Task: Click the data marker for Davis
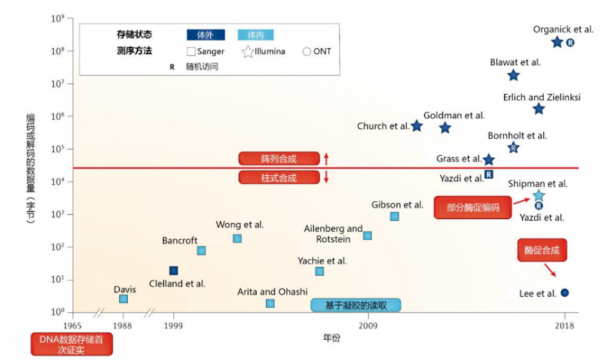[x=124, y=299]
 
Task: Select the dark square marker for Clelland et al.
[x=174, y=271]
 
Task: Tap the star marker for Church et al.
[x=417, y=126]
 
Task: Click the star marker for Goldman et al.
[x=445, y=128]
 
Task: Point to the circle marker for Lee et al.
[x=565, y=292]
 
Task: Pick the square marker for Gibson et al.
[x=394, y=217]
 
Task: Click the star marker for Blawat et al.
[x=513, y=76]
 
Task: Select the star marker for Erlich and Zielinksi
[x=538, y=109]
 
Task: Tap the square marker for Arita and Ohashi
[x=271, y=303]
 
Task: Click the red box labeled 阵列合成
[x=279, y=159]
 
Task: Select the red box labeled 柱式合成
[x=279, y=178]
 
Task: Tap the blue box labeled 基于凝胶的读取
[x=355, y=306]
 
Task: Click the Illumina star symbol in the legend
[x=248, y=51]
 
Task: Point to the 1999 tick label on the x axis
[x=175, y=323]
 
